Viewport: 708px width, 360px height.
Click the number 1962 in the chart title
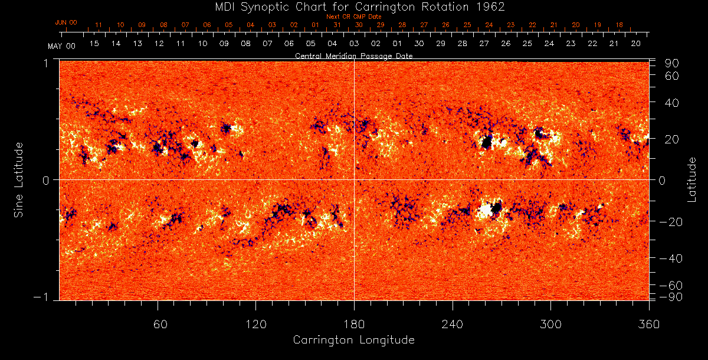pyautogui.click(x=490, y=6)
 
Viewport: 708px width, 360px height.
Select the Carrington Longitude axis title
pyautogui.click(x=353, y=340)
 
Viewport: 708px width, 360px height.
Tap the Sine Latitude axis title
pyautogui.click(x=19, y=179)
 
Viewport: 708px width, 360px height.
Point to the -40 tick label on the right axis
pyautogui.click(x=671, y=258)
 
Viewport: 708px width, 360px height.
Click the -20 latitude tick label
pyautogui.click(x=671, y=221)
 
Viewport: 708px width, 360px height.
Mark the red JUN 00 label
pyautogui.click(x=65, y=22)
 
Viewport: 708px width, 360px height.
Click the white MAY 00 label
pyautogui.click(x=61, y=45)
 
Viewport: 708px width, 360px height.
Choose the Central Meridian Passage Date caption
pyautogui.click(x=353, y=55)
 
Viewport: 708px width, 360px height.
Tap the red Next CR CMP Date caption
pyautogui.click(x=353, y=17)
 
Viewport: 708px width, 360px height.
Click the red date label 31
pyautogui.click(x=337, y=25)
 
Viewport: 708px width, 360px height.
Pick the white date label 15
pyautogui.click(x=94, y=44)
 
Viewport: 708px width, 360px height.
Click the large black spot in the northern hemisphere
pyautogui.click(x=487, y=142)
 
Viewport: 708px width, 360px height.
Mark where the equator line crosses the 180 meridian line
pyautogui.click(x=354, y=179)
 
